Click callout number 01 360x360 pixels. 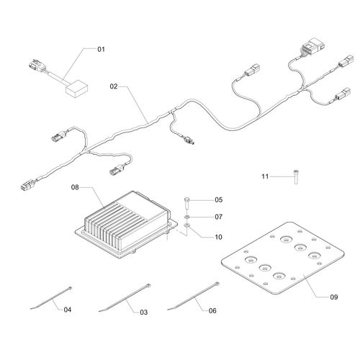pyautogui.click(x=101, y=49)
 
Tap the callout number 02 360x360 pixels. pyautogui.click(x=114, y=86)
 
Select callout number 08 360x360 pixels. pyautogui.click(x=75, y=187)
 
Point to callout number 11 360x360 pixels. pyautogui.click(x=265, y=176)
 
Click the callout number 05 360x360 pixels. pyautogui.click(x=219, y=199)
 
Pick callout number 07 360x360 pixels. pyautogui.click(x=219, y=217)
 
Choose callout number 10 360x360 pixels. pyautogui.click(x=219, y=237)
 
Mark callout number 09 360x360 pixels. pyautogui.click(x=334, y=297)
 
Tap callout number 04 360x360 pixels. pyautogui.click(x=68, y=310)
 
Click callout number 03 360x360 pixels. pyautogui.click(x=144, y=312)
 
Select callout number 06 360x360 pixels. pyautogui.click(x=212, y=311)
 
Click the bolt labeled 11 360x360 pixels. pyautogui.click(x=296, y=176)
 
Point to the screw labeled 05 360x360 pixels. pyautogui.click(x=187, y=203)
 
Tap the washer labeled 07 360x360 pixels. pyautogui.click(x=187, y=217)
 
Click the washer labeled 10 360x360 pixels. pyautogui.click(x=187, y=225)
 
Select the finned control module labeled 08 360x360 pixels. pyautogui.click(x=127, y=224)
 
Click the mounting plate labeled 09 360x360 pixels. pyautogui.click(x=282, y=258)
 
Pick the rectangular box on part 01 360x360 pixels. pyautogui.click(x=77, y=89)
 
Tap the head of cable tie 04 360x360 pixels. pyautogui.click(x=70, y=288)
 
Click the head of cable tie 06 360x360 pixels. pyautogui.click(x=217, y=284)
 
